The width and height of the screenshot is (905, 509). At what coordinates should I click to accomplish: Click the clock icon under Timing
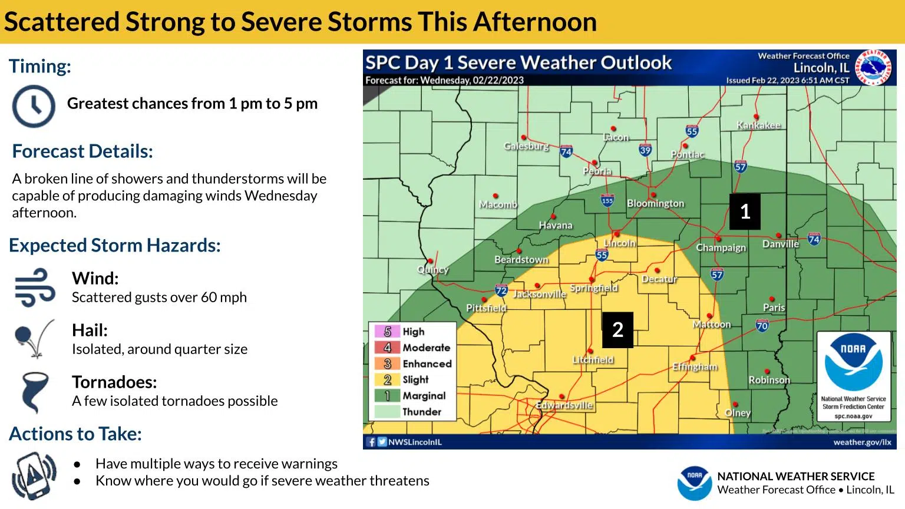pos(34,107)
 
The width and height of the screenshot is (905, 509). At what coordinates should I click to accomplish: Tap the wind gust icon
pos(35,287)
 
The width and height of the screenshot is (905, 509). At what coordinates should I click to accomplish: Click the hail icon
pos(34,339)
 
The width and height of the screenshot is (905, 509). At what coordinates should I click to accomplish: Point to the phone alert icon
pos(34,475)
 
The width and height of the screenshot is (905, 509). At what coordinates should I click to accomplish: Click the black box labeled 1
pos(745,211)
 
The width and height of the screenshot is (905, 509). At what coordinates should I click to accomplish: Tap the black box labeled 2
pos(617,330)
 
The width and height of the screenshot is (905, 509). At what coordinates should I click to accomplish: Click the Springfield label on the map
pos(593,288)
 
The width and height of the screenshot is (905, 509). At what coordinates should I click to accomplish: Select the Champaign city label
pos(721,247)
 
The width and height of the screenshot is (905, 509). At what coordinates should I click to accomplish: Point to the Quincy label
pos(433,269)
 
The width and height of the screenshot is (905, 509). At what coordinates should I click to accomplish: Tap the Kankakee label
pos(758,125)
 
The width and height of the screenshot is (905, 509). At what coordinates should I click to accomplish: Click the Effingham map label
pos(695,366)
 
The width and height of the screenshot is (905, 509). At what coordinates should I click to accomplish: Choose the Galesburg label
pos(526,146)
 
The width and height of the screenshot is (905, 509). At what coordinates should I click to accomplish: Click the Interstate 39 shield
pos(645,150)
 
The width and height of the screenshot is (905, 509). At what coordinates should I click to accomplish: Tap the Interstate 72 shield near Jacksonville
pos(501,290)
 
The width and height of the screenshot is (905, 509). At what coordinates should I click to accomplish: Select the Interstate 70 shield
pos(762,325)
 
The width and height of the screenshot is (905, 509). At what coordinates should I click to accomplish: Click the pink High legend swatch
pos(387,332)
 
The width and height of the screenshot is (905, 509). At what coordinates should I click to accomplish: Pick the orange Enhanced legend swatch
pos(387,363)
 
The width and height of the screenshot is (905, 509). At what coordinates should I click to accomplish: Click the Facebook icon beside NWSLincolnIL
pos(371,442)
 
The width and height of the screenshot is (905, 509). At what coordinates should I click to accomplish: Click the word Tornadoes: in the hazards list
pos(114,382)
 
